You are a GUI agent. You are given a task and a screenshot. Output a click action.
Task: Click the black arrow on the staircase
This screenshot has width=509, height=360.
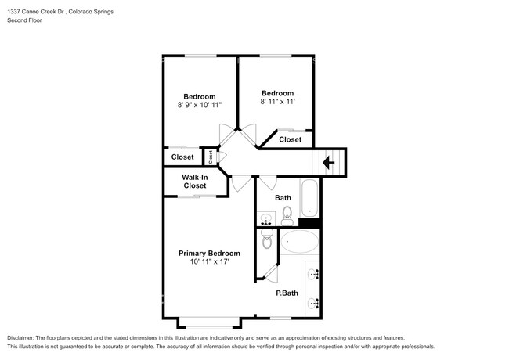pos(329,162)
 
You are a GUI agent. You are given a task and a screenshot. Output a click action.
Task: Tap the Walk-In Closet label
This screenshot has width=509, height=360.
pos(195,182)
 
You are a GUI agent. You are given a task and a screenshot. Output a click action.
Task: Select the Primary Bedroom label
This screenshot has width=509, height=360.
pos(209,254)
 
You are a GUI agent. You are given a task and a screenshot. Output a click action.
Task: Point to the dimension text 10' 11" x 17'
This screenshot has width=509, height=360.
pos(210,261)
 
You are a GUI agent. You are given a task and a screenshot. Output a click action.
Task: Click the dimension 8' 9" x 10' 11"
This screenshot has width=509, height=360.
pos(200,105)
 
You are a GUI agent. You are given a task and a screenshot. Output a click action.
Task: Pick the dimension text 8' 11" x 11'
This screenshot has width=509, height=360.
pos(277,102)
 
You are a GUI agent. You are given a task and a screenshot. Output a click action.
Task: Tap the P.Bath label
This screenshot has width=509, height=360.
pos(287,293)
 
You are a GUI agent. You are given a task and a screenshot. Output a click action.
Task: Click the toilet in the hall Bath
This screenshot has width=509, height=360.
pos(287,216)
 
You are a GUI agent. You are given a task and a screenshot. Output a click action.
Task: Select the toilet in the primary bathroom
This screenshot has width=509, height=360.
pos(267,239)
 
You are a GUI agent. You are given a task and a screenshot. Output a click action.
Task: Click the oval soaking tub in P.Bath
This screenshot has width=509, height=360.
pos(299,242)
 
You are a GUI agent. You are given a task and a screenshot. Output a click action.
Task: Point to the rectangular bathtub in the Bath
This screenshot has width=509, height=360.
pos(309,198)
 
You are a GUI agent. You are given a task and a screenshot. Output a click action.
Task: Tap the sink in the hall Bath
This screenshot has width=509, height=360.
pos(266,218)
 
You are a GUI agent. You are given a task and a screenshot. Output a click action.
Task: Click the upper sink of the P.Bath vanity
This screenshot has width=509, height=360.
pos(313,274)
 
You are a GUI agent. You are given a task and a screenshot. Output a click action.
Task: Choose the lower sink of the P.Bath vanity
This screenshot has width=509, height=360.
pos(313,303)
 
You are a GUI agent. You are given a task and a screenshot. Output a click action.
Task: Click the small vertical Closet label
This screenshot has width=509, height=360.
pos(211,157)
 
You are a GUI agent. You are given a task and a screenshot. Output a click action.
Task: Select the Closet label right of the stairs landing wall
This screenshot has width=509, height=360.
pos(291,139)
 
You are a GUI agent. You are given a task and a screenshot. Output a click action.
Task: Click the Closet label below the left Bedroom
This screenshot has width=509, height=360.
pos(182,157)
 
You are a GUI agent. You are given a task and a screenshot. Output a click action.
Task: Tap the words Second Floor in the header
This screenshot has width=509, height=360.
pos(25,20)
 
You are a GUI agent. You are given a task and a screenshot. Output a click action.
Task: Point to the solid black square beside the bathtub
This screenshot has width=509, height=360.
pos(309,223)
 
